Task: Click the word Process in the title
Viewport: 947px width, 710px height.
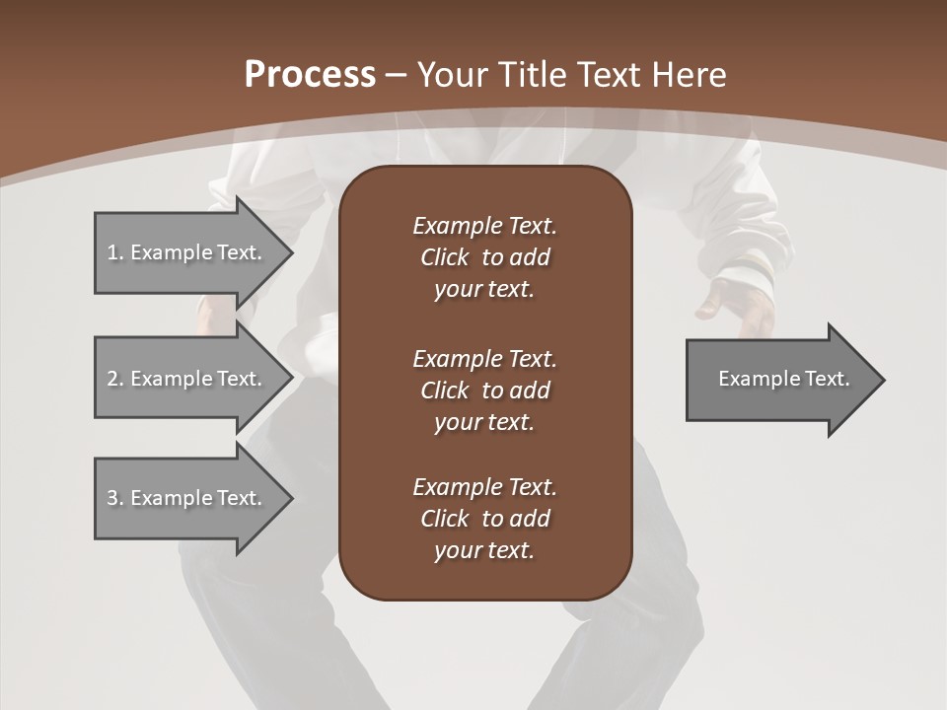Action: click(x=310, y=75)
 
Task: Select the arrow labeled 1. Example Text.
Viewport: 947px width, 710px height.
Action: click(x=187, y=252)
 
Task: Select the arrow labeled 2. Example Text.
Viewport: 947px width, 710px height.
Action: click(x=187, y=379)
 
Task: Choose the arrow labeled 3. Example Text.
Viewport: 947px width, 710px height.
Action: click(x=187, y=498)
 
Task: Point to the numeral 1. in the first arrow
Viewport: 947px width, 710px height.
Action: click(x=114, y=252)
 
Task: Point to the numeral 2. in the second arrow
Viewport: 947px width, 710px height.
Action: click(x=114, y=379)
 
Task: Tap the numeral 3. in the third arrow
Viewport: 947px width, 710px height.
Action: click(x=114, y=498)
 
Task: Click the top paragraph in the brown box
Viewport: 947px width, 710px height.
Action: click(x=484, y=257)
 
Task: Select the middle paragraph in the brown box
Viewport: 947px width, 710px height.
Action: click(x=484, y=390)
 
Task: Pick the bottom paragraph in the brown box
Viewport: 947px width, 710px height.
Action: click(x=484, y=519)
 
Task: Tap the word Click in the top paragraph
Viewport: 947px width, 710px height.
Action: click(x=445, y=257)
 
